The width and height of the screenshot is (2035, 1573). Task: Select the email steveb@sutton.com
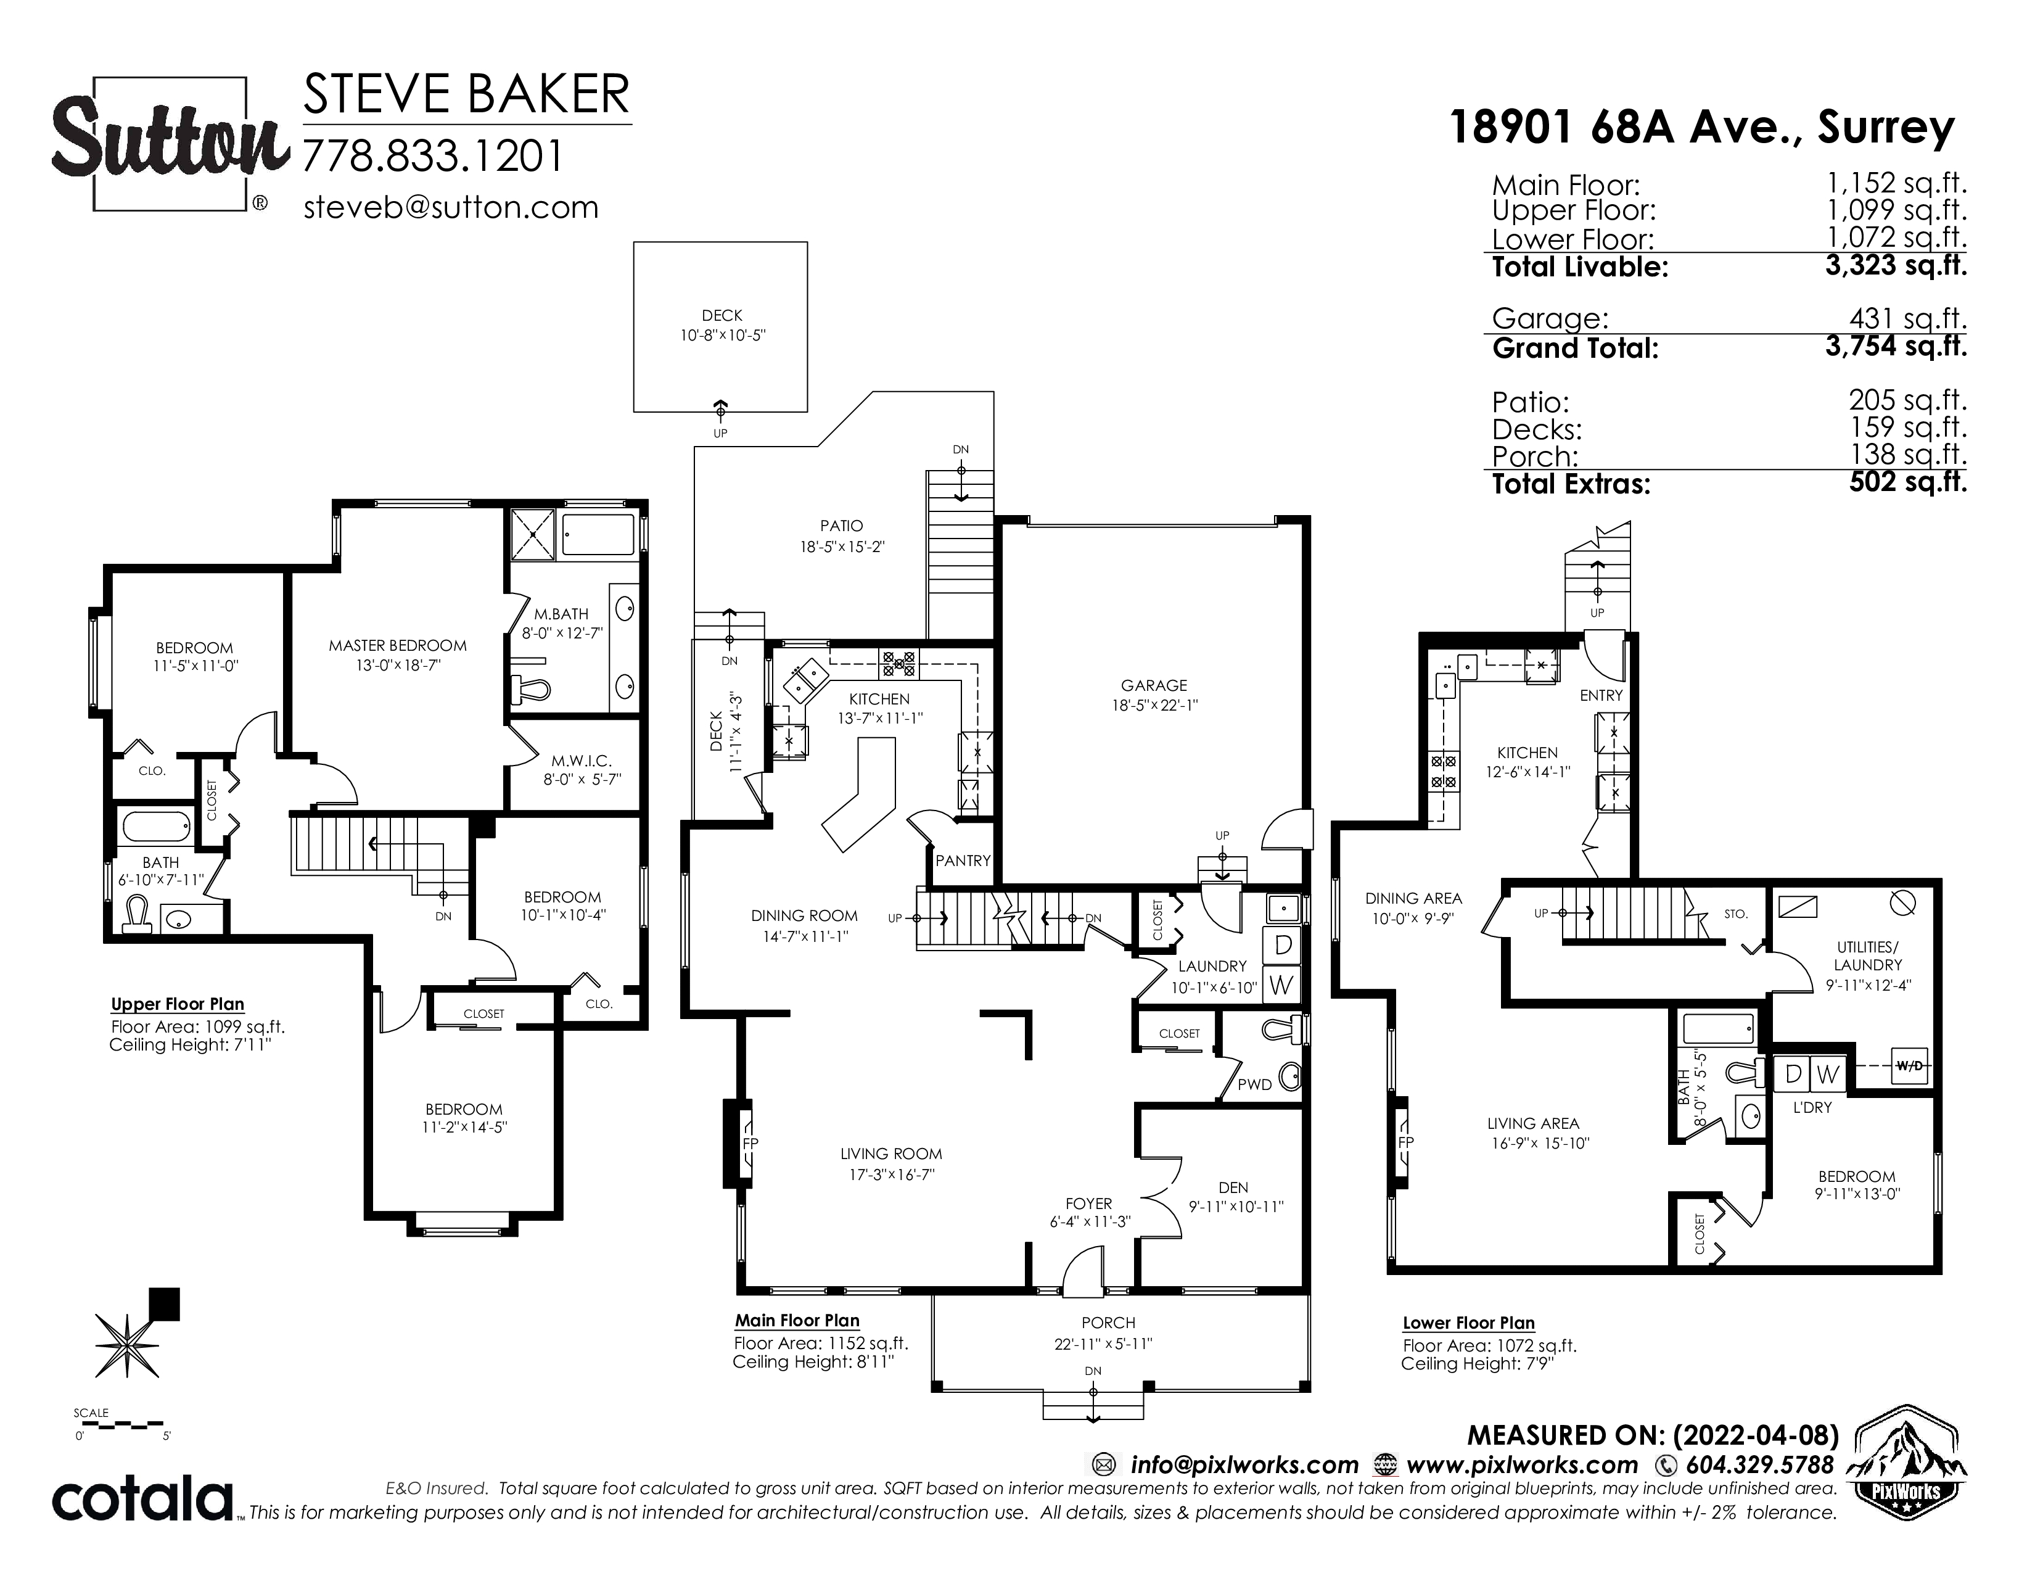tap(451, 207)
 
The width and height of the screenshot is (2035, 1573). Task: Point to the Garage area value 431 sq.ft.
tap(1909, 319)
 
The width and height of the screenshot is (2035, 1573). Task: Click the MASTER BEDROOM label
tap(398, 645)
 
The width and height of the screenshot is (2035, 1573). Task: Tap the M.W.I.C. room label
tap(582, 761)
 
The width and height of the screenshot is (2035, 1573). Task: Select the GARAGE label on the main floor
tap(1154, 685)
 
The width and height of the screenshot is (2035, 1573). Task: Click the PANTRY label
tap(963, 860)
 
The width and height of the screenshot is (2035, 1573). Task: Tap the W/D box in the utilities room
tap(1909, 1066)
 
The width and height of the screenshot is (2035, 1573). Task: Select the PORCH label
tap(1108, 1323)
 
